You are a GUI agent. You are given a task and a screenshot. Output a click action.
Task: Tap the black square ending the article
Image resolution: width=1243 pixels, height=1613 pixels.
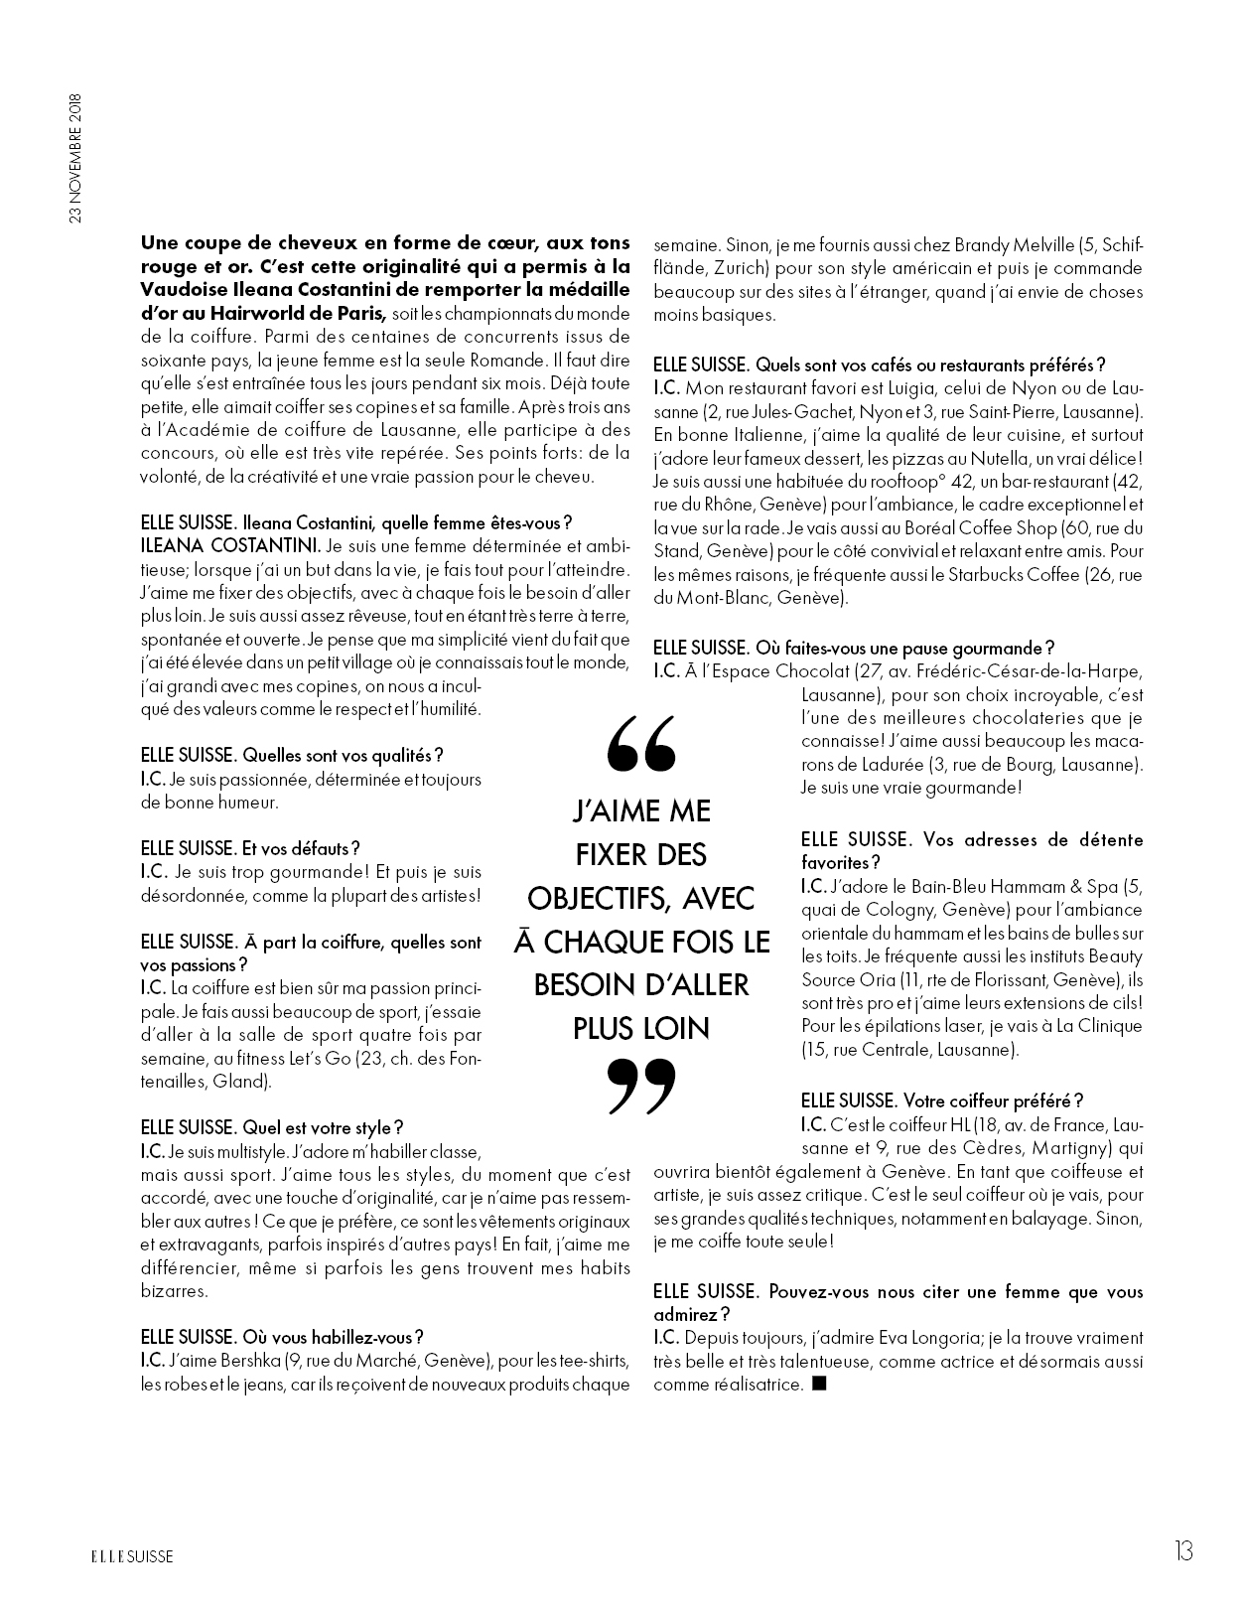(819, 1384)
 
